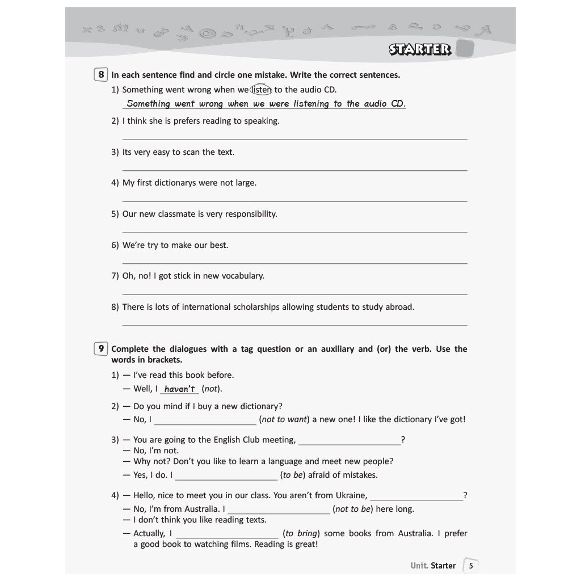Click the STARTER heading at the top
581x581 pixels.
tap(420, 49)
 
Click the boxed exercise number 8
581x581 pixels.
tap(101, 74)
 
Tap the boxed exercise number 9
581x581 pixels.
tap(101, 348)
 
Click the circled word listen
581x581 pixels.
tap(262, 90)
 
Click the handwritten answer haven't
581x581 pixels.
tap(179, 389)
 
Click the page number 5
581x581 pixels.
tap(470, 566)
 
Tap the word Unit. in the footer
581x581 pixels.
tap(419, 566)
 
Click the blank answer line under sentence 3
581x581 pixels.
tap(294, 169)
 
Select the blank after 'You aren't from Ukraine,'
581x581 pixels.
tap(416, 498)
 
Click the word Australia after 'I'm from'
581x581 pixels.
tap(202, 509)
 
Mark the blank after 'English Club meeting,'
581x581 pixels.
tap(349, 443)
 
